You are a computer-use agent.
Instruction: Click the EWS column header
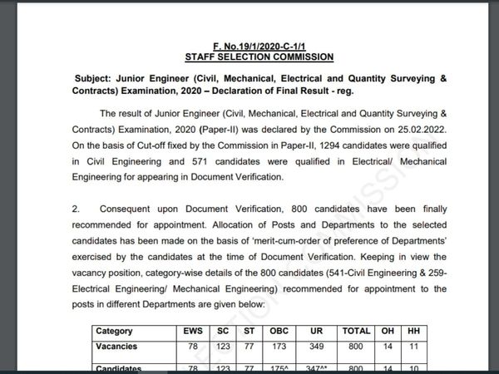[x=192, y=331]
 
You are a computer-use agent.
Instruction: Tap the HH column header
[x=413, y=331]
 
